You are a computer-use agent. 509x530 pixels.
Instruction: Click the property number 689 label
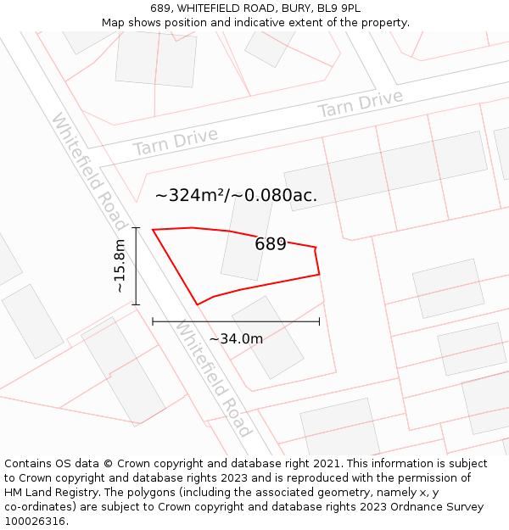point(271,244)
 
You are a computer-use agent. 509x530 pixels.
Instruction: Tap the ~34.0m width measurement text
point(236,339)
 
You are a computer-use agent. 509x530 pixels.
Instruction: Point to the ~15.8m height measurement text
point(120,266)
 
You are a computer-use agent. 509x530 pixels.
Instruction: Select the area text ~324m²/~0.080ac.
point(236,196)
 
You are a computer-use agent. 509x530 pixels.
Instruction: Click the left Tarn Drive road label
point(175,142)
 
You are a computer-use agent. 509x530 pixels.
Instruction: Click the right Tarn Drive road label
point(360,105)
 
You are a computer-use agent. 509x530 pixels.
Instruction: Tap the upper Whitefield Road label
point(89,172)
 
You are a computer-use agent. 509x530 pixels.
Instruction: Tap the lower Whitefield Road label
point(214,378)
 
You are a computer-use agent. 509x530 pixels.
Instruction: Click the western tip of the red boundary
point(153,230)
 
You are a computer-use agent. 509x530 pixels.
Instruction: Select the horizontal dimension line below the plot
point(235,321)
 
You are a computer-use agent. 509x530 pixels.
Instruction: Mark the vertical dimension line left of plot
point(136,266)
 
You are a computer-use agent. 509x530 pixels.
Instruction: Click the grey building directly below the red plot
point(267,337)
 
